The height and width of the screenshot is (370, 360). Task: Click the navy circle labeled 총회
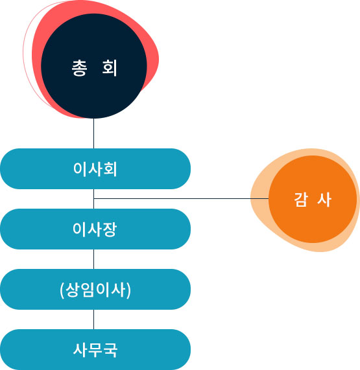94,66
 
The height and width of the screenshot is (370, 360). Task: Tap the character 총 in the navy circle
79,68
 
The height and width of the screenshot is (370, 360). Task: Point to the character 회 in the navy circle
110,68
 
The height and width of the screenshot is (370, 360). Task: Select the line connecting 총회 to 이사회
94,133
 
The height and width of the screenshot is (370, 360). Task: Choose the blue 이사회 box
95,168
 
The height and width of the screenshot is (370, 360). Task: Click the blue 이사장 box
95,229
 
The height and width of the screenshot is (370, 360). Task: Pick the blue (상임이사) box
95,289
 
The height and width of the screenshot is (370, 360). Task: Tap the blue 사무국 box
95,349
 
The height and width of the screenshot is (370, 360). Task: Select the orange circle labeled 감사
313,199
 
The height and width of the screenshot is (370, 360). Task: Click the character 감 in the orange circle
301,200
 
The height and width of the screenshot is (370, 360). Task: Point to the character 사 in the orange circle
324,200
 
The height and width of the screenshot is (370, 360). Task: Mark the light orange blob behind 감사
260,205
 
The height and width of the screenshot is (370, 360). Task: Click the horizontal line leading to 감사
181,199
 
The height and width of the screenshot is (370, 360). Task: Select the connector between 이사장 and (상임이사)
94,259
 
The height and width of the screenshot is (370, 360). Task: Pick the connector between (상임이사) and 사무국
94,319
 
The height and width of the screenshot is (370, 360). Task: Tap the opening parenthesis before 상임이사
62,290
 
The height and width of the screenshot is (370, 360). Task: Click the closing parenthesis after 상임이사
128,290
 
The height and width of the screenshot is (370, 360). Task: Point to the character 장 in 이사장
110,229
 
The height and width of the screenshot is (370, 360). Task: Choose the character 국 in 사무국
110,350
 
